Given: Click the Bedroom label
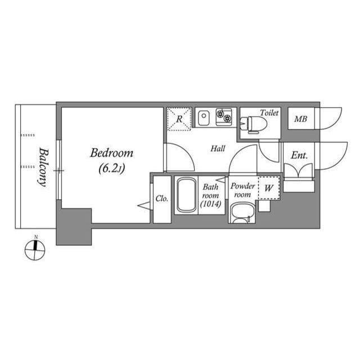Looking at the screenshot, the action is tap(111, 153).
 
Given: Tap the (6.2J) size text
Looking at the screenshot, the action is tap(112, 169).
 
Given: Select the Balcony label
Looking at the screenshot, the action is tap(43, 167).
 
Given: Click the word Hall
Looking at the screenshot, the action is tap(218, 148).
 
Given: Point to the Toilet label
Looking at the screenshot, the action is tap(269, 112).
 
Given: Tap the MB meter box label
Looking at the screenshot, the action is tap(300, 119).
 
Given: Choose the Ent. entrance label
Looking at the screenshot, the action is tap(299, 155).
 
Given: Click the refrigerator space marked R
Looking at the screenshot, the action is tap(179, 119).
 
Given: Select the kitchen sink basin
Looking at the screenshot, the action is tap(204, 118).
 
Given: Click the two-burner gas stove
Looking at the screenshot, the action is tap(224, 117).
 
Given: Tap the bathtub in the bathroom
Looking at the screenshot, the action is tap(186, 195).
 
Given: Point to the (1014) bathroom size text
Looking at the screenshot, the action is tap(210, 204).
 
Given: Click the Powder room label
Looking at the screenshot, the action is tap(242, 190).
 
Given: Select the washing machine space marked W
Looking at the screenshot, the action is tap(269, 188).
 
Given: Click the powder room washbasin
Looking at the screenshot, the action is tap(242, 213).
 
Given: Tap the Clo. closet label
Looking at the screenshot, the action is tap(162, 199).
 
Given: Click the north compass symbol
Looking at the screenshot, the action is tap(35, 250).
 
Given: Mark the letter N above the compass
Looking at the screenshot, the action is tap(36, 237).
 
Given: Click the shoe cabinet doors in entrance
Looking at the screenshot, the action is tap(299, 170).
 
